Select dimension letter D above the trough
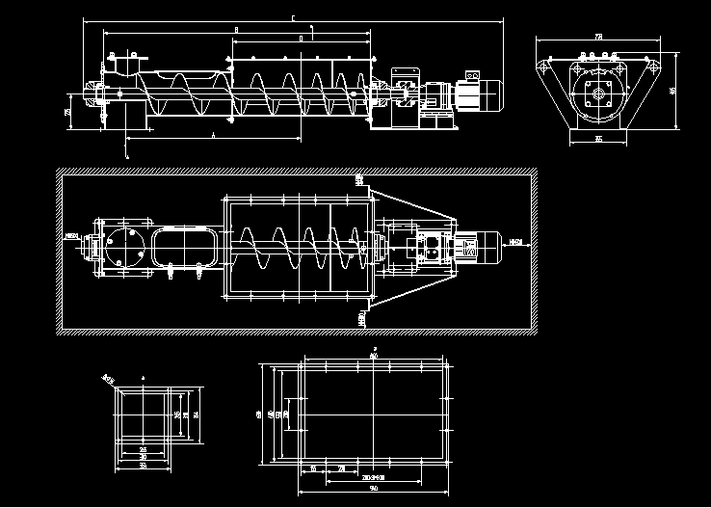302,39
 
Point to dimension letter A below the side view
212,137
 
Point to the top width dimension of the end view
599,37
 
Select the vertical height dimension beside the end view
672,91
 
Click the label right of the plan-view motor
515,242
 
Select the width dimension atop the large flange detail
374,358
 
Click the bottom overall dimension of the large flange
374,486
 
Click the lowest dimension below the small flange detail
143,466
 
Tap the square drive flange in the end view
597,94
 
